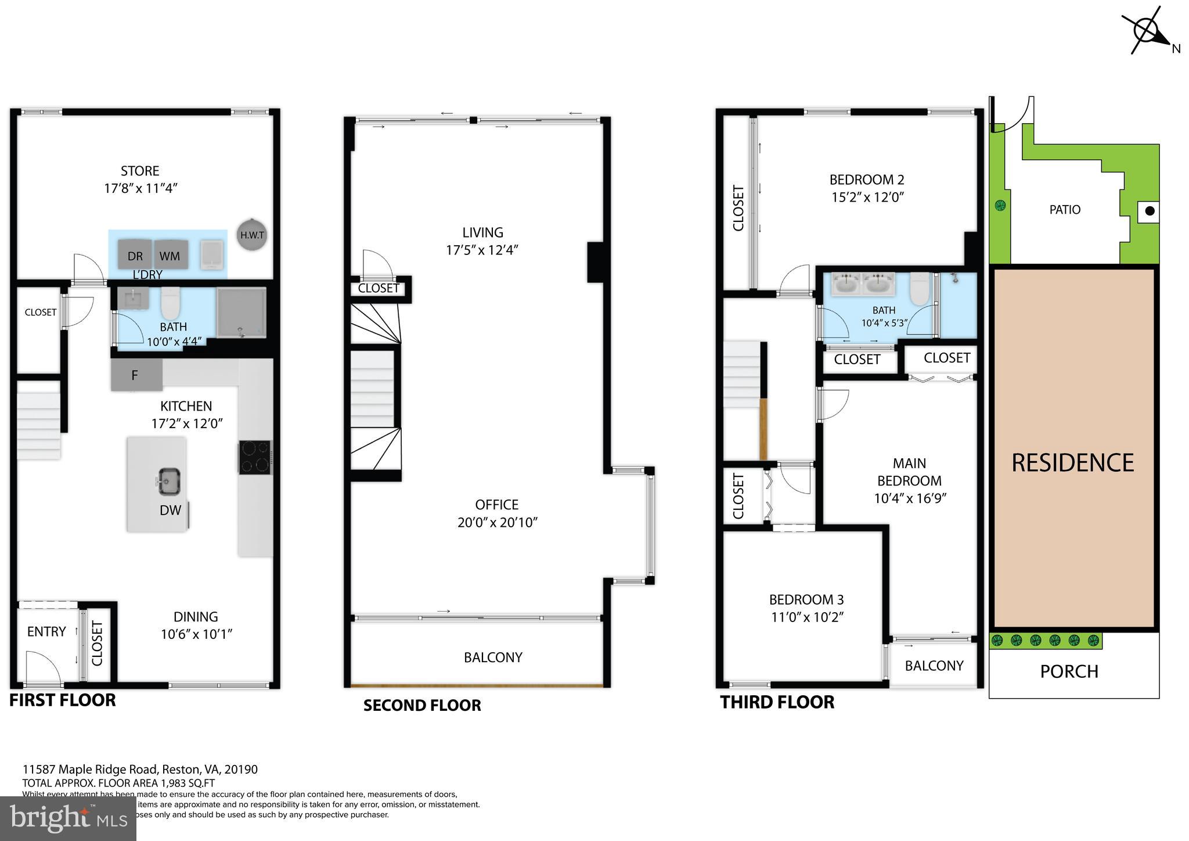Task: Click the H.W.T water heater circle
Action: (x=253, y=235)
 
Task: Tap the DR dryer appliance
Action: (x=135, y=255)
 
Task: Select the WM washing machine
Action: (x=170, y=255)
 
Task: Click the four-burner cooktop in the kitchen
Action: (x=255, y=457)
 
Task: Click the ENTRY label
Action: (x=46, y=631)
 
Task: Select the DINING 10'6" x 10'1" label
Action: (x=196, y=625)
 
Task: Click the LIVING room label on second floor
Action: (x=482, y=233)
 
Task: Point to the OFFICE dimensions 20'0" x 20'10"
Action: (x=498, y=522)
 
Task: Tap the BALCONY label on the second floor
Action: (x=493, y=657)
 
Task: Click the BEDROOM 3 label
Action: (x=806, y=599)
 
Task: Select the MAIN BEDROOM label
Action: (x=909, y=472)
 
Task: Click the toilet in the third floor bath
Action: (x=918, y=288)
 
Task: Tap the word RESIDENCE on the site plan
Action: (x=1072, y=463)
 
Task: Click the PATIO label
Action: (x=1065, y=210)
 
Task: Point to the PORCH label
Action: (x=1069, y=671)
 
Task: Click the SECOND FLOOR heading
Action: (x=422, y=705)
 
